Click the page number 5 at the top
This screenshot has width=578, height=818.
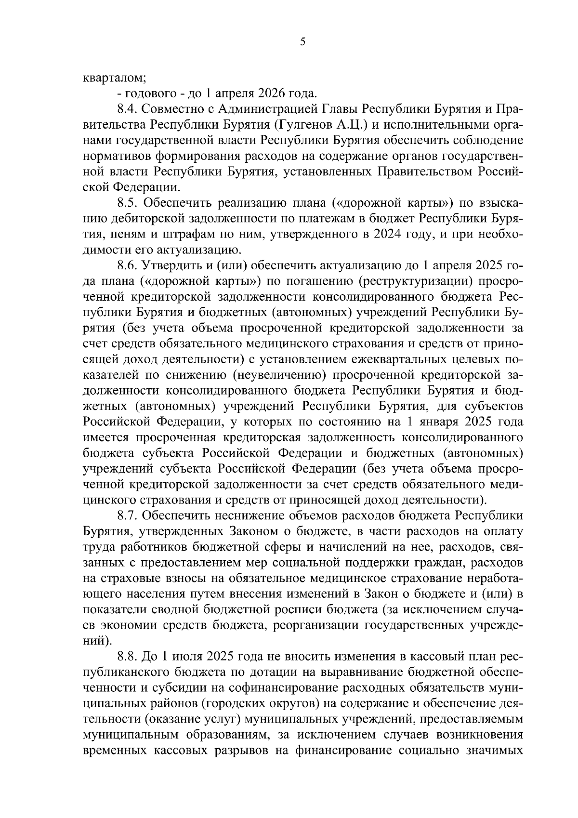pos(302,42)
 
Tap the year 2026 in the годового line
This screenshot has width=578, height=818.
pos(272,92)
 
